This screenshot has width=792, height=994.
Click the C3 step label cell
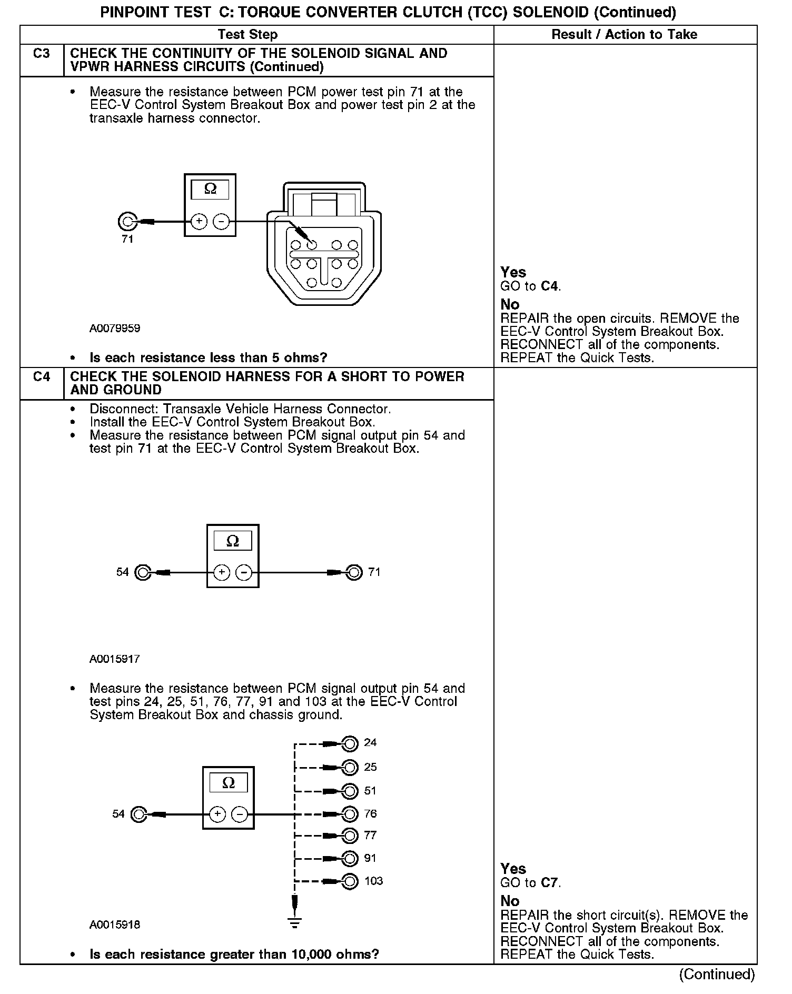click(42, 54)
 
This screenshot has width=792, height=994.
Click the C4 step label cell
click(42, 377)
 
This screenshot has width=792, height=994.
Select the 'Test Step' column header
click(247, 35)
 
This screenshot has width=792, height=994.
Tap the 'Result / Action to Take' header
click(624, 35)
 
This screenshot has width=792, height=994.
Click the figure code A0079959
click(115, 329)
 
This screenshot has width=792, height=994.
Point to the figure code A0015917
click(115, 659)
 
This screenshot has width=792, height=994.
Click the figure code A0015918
click(115, 925)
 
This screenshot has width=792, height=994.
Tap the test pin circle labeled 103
click(350, 881)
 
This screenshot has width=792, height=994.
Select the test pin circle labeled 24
click(350, 743)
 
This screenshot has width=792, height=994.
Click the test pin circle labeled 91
click(350, 859)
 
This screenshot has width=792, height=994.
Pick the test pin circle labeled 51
click(350, 791)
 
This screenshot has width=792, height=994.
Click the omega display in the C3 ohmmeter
click(210, 190)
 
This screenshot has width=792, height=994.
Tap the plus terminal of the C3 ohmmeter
click(199, 222)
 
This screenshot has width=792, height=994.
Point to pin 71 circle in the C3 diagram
click(127, 222)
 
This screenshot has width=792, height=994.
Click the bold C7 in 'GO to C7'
click(549, 883)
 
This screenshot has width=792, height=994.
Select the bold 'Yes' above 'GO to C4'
click(513, 273)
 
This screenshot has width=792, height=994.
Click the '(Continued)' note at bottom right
click(717, 975)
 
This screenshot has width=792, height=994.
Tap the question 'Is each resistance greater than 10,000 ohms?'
click(234, 955)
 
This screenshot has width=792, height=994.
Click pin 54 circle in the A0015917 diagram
click(143, 572)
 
